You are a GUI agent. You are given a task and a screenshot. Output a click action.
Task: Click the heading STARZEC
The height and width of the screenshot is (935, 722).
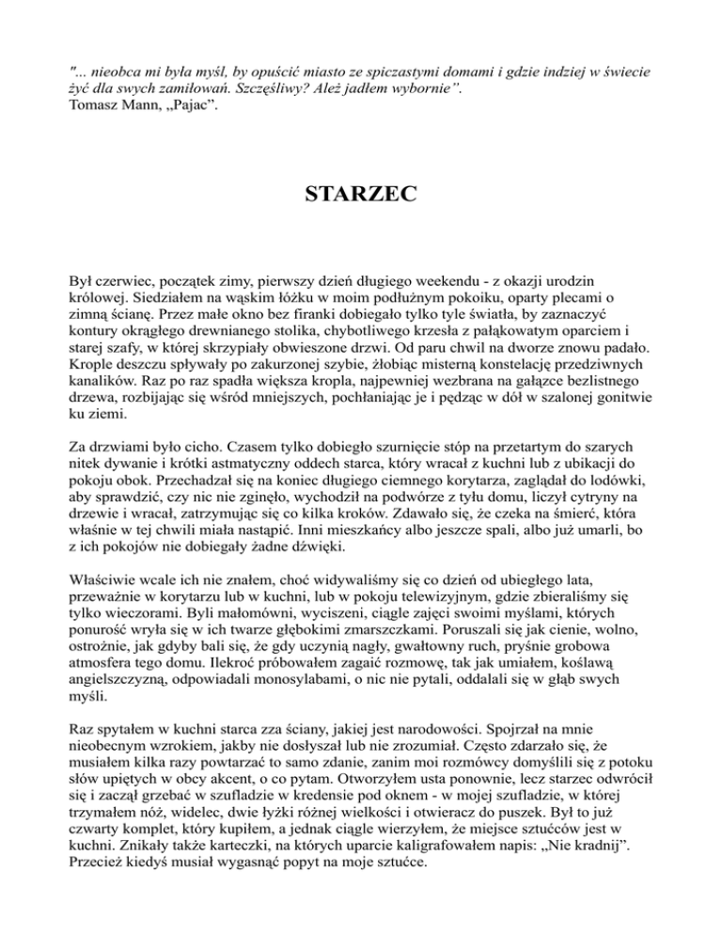click(361, 198)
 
